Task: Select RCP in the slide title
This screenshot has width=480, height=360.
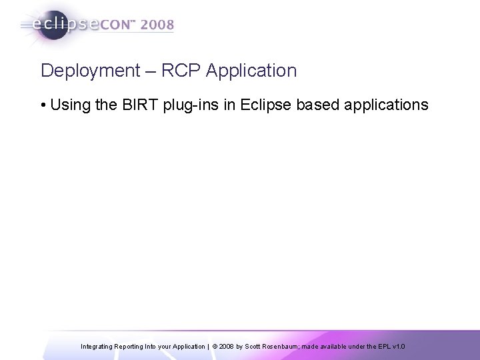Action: coord(175,70)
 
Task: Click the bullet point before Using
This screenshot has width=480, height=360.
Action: coord(43,105)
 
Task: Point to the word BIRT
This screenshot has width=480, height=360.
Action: coord(139,105)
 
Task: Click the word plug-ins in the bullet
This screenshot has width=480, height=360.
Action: coord(189,105)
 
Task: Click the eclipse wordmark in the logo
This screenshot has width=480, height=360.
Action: coord(64,25)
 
